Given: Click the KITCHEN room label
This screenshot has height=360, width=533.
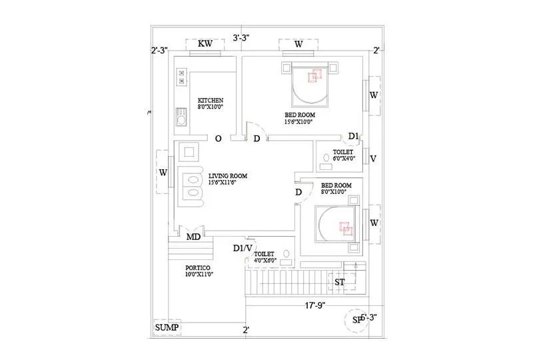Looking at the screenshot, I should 210,101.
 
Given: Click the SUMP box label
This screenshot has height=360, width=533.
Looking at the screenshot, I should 167,328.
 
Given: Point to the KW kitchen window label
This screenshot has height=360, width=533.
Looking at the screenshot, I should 205,44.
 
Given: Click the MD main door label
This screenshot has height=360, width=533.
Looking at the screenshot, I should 194,237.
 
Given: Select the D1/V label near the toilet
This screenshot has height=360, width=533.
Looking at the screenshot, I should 243,248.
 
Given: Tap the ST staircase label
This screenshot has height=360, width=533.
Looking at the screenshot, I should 339,282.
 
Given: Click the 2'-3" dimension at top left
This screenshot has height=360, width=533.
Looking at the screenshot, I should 159,50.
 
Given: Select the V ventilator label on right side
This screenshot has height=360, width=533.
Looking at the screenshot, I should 374,159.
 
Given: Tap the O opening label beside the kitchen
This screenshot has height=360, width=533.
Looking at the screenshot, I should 218,139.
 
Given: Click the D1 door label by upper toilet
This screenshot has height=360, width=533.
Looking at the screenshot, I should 354,137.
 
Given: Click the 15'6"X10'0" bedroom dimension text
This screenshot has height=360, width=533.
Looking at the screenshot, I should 298,122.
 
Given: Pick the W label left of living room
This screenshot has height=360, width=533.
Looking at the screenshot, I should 163,173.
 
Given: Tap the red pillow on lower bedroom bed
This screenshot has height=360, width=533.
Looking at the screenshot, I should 346,228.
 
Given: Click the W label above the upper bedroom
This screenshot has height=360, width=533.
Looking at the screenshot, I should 298,44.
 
